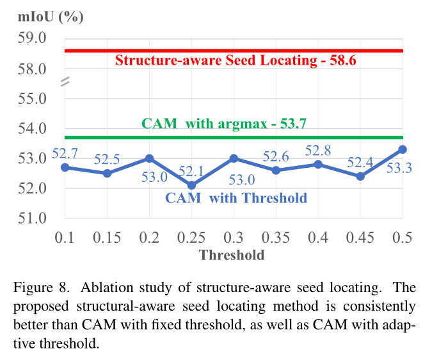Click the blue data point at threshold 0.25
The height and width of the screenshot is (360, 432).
[192, 185]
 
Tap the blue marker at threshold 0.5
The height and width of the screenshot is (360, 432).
[403, 149]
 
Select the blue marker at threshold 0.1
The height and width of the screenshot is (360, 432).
[65, 167]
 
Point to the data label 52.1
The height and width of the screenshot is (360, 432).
[190, 171]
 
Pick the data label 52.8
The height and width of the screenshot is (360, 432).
[317, 151]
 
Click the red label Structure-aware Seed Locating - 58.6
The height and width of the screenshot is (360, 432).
[235, 61]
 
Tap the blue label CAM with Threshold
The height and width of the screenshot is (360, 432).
[236, 198]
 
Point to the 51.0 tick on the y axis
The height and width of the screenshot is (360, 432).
[33, 218]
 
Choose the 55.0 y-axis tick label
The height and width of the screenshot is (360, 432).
[33, 99]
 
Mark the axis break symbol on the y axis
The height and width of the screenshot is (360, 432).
[64, 83]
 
